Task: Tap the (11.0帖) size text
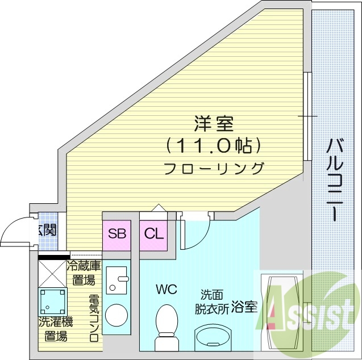214,146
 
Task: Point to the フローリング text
214,168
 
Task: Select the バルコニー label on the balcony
335,181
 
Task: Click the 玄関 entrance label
47,231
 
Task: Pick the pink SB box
117,233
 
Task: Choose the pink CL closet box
153,233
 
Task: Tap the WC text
167,289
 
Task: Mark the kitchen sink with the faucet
118,280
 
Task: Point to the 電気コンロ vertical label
94,318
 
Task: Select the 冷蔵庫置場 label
84,273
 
